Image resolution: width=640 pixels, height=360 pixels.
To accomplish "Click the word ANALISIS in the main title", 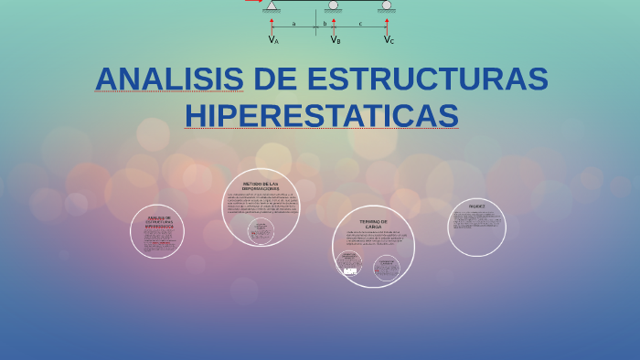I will pyautogui.click(x=169, y=79).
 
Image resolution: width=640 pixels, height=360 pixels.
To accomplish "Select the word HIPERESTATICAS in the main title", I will pyautogui.click(x=321, y=116).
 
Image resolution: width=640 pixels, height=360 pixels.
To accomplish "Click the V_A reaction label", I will pyautogui.click(x=273, y=39).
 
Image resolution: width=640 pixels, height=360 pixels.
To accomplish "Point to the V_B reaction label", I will pyautogui.click(x=336, y=39).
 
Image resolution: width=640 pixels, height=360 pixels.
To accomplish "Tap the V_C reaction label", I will pyautogui.click(x=389, y=39).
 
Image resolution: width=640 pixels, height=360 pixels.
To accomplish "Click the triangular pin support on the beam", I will pyautogui.click(x=272, y=5).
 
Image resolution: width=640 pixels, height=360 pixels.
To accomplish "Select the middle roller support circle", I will pyautogui.click(x=333, y=5).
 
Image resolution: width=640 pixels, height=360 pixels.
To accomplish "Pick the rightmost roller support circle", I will pyautogui.click(x=387, y=5).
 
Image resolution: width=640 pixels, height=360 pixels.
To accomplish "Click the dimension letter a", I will pyautogui.click(x=293, y=24).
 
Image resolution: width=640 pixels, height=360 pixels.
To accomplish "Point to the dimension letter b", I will pyautogui.click(x=325, y=24).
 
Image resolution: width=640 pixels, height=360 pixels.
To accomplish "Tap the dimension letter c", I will pyautogui.click(x=360, y=24).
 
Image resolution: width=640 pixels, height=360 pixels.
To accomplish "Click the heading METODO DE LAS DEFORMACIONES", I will pyautogui.click(x=261, y=185).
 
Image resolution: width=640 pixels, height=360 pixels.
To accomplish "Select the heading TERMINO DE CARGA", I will pyautogui.click(x=373, y=224).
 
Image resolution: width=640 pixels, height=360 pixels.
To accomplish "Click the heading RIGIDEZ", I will pyautogui.click(x=476, y=206).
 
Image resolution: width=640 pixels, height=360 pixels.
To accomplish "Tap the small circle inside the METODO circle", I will pyautogui.click(x=261, y=230).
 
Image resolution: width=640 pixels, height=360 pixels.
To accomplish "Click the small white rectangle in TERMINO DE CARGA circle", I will pyautogui.click(x=350, y=270).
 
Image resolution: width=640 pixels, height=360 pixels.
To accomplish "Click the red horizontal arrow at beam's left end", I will pyautogui.click(x=252, y=1).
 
